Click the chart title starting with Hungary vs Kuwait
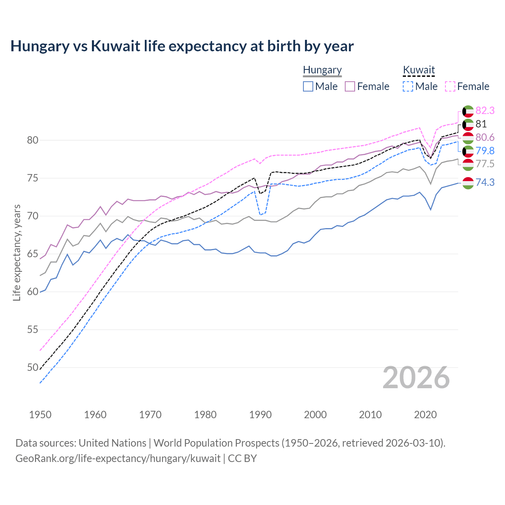(x=182, y=46)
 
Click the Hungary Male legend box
(x=308, y=86)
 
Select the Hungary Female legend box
(x=350, y=86)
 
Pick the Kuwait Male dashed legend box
(x=408, y=86)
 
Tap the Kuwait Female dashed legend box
(x=450, y=86)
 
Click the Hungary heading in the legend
(x=322, y=70)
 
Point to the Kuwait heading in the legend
(x=419, y=70)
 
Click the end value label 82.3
(x=485, y=111)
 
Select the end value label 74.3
(x=485, y=182)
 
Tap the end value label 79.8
(x=485, y=151)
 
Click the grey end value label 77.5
(x=485, y=164)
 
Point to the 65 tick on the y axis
(x=33, y=254)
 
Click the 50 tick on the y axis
(x=33, y=367)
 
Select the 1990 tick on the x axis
(x=260, y=415)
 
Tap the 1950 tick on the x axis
(x=40, y=415)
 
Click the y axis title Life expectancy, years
(x=17, y=252)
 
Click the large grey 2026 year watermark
(x=416, y=378)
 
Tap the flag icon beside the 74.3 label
(x=468, y=183)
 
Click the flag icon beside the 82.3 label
(x=468, y=111)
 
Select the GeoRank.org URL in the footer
(x=118, y=458)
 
